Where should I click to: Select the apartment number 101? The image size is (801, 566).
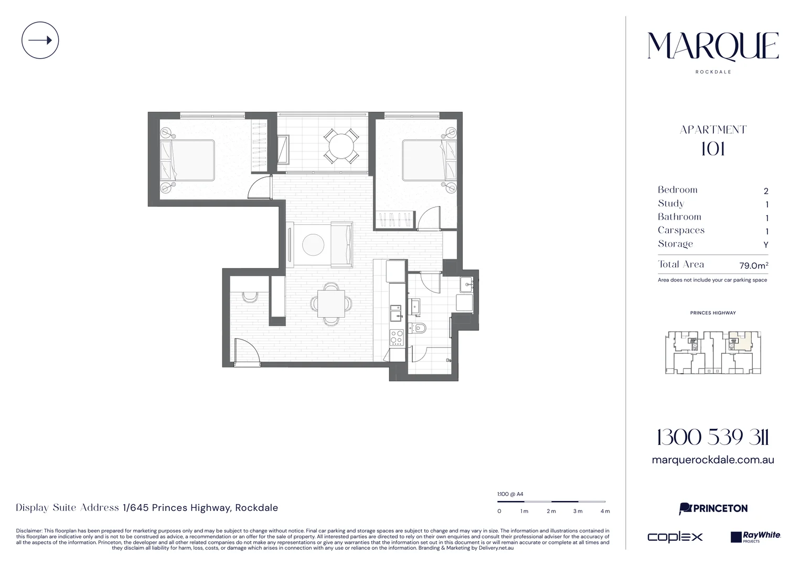(713, 149)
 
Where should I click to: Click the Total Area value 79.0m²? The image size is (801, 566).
(754, 265)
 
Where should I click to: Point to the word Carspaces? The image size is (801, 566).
(681, 230)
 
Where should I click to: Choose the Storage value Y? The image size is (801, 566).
(766, 245)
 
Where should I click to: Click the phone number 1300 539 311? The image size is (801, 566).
(713, 438)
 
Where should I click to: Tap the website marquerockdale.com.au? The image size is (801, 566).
(713, 460)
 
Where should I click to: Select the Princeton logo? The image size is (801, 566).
(713, 508)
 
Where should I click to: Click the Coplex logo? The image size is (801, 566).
(675, 537)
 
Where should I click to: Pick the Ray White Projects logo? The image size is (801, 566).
(755, 537)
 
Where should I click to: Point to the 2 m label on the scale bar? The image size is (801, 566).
(551, 511)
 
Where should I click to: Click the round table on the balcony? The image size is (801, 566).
(341, 146)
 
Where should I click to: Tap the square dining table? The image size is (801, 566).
(331, 304)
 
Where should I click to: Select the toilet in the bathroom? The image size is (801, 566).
(417, 328)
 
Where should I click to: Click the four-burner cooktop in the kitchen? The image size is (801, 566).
(397, 337)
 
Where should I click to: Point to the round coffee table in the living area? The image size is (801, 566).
(313, 245)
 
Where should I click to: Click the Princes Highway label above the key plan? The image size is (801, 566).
(713, 313)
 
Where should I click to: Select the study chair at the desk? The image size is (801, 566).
(250, 297)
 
